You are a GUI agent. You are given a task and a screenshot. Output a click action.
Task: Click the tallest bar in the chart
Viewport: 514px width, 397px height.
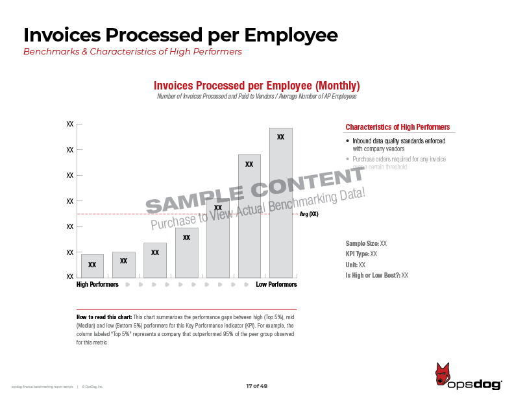pyautogui.click(x=281, y=201)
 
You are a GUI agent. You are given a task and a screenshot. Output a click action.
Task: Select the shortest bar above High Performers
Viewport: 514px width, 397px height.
pyautogui.click(x=92, y=265)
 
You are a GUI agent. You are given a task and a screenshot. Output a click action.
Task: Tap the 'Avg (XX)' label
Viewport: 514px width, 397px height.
pyautogui.click(x=309, y=214)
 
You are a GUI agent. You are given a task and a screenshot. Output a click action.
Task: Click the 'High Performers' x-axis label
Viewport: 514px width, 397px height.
pyautogui.click(x=97, y=285)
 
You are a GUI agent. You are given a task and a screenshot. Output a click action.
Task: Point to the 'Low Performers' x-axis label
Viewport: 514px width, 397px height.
pyautogui.click(x=276, y=285)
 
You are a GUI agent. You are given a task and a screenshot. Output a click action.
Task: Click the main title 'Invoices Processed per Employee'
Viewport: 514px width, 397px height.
pyautogui.click(x=180, y=35)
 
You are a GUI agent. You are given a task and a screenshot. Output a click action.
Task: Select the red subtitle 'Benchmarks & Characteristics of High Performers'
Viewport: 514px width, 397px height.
pyautogui.click(x=132, y=52)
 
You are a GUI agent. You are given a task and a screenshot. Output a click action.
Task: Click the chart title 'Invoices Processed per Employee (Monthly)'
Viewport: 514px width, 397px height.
pyautogui.click(x=256, y=86)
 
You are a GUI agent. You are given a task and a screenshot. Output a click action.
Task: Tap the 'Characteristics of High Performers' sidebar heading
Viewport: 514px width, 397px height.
pyautogui.click(x=397, y=127)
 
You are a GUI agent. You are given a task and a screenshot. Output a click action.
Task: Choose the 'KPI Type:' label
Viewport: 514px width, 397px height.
pyautogui.click(x=358, y=254)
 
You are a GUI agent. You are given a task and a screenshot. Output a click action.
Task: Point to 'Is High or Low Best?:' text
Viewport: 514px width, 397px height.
pyautogui.click(x=373, y=276)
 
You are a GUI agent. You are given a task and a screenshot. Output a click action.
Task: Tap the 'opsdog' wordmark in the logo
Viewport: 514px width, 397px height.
pyautogui.click(x=474, y=385)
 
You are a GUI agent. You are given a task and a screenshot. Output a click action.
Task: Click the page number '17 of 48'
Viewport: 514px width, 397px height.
pyautogui.click(x=256, y=386)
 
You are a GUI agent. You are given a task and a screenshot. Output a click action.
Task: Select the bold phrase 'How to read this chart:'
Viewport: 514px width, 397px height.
pyautogui.click(x=104, y=317)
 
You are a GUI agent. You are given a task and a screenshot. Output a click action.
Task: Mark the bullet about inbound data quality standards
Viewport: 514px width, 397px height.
pyautogui.click(x=398, y=145)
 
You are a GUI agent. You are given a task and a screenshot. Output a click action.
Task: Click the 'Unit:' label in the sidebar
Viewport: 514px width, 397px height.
pyautogui.click(x=352, y=265)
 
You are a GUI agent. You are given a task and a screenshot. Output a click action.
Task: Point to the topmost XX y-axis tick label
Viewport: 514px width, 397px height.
pyautogui.click(x=70, y=123)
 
